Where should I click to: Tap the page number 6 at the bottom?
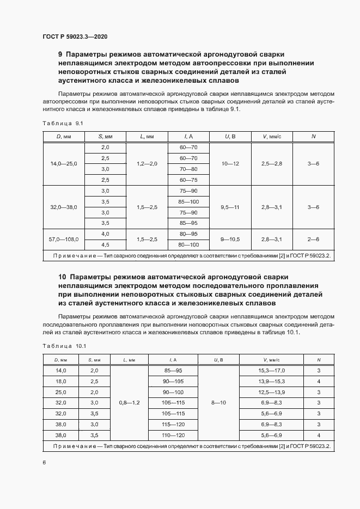pos(44,462)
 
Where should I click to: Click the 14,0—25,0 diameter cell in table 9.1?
pos(64,163)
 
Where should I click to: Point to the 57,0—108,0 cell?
pos(64,239)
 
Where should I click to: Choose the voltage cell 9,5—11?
pos(230,207)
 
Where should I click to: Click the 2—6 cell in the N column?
pos(313,239)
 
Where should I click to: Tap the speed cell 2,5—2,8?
pos(272,163)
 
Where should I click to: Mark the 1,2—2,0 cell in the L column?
pos(147,163)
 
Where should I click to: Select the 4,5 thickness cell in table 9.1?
pos(105,244)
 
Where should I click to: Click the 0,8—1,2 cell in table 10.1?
pos(129,402)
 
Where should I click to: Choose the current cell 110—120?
pos(174,435)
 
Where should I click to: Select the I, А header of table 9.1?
pos(188,136)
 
